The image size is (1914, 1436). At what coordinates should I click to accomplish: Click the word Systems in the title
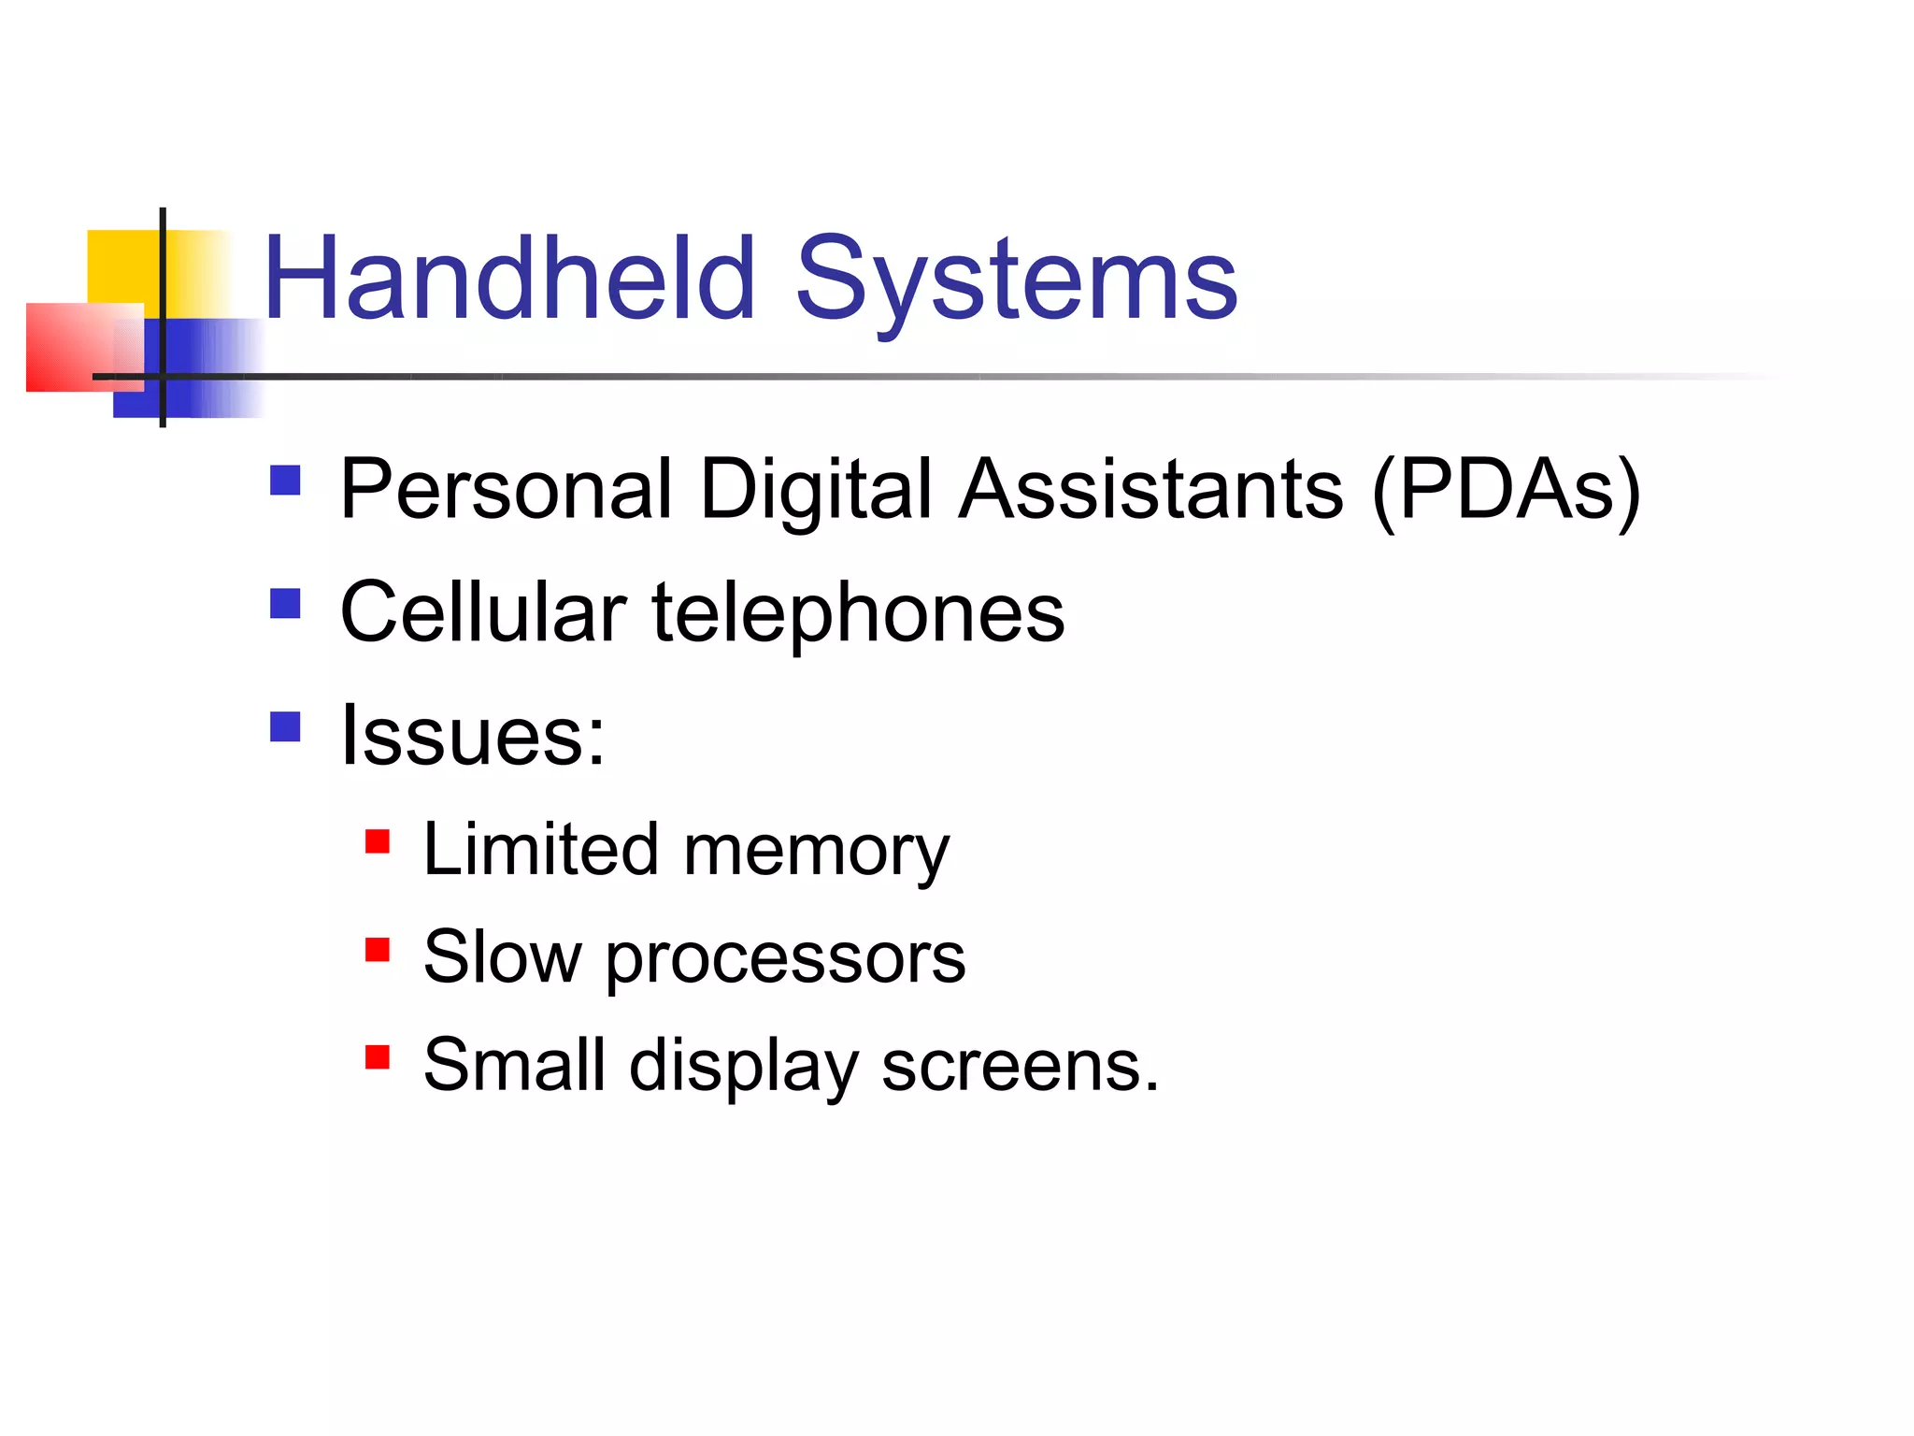click(x=1016, y=280)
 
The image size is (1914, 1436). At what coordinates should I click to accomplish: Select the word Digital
click(x=816, y=491)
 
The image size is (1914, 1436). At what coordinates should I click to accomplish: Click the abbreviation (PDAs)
click(x=1506, y=491)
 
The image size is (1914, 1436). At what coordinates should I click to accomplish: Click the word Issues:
click(x=473, y=736)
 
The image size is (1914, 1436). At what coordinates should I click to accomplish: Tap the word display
click(x=743, y=1067)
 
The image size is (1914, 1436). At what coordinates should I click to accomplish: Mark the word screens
click(x=1020, y=1067)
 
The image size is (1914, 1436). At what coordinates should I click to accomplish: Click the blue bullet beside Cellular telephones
click(x=285, y=604)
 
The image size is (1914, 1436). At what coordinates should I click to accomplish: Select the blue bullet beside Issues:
click(x=285, y=726)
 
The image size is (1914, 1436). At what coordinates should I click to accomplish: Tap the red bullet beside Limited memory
click(x=378, y=841)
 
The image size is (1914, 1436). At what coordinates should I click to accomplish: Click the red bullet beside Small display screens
click(x=378, y=1056)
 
